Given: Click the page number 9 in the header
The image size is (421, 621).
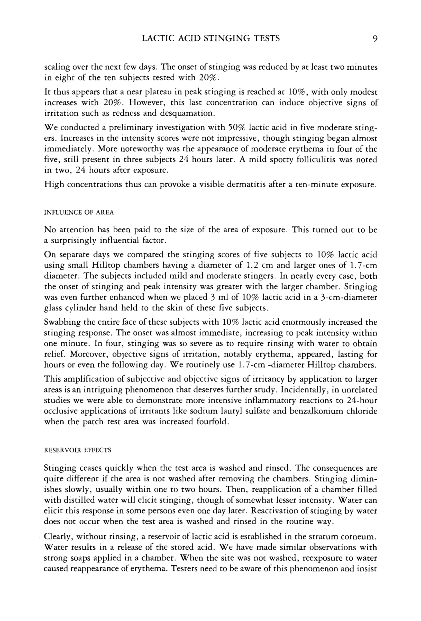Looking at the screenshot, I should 375,39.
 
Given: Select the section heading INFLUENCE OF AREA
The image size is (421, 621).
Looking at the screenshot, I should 79,213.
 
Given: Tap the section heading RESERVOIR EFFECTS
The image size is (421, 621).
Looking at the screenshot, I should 77,450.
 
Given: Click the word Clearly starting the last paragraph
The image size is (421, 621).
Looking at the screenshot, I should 59,536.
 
